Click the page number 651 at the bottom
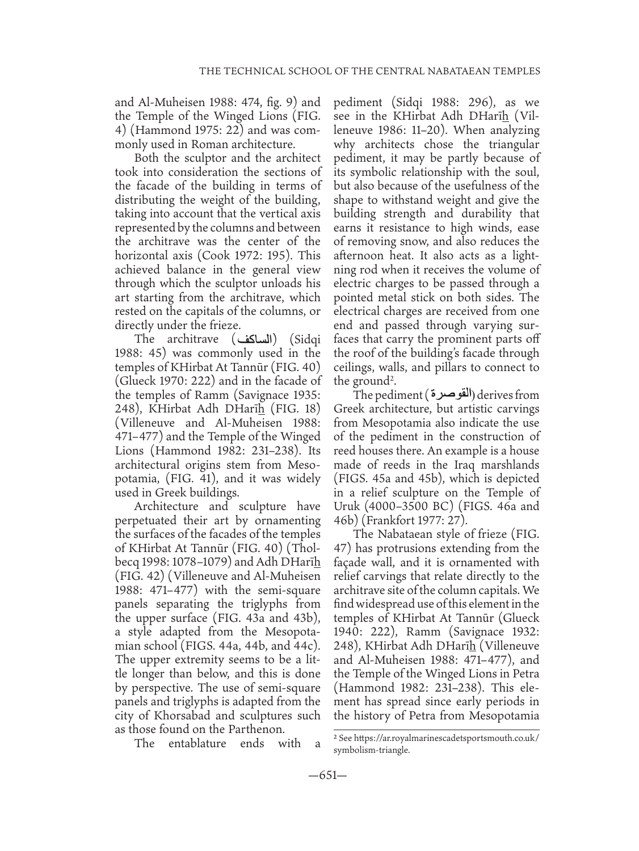[x=319, y=776]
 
